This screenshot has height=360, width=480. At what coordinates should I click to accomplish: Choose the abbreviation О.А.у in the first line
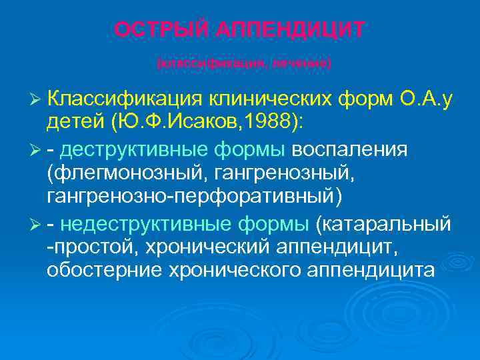click(427, 99)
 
